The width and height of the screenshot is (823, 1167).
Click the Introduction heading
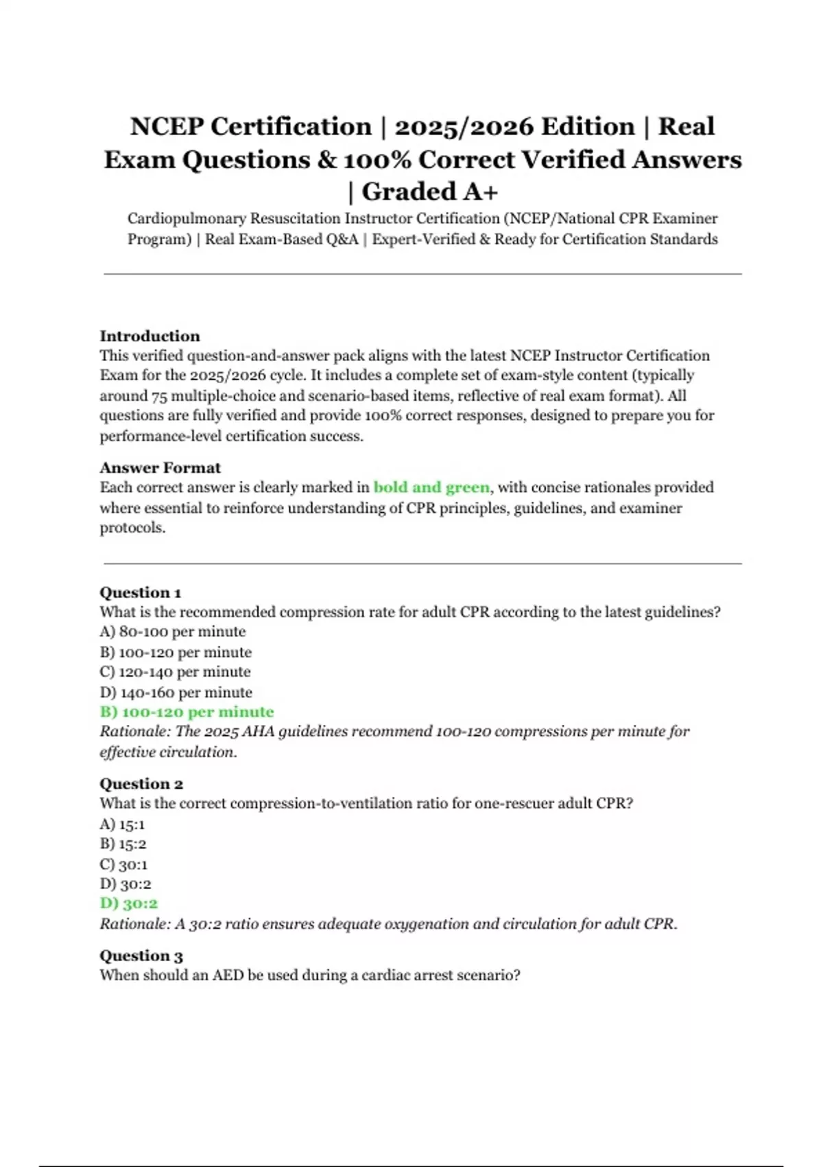pyautogui.click(x=150, y=336)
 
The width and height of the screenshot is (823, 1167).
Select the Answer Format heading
pyautogui.click(x=160, y=467)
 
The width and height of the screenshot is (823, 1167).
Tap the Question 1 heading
pyautogui.click(x=140, y=592)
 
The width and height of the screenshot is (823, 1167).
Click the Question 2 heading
pyautogui.click(x=141, y=783)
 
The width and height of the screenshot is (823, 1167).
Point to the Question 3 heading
pyautogui.click(x=141, y=955)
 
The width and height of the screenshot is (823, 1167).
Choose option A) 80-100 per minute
pyautogui.click(x=172, y=632)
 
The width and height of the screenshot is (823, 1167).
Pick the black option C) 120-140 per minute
pyautogui.click(x=175, y=671)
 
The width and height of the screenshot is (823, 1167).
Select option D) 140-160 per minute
pyautogui.click(x=176, y=692)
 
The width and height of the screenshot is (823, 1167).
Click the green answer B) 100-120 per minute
pyautogui.click(x=187, y=712)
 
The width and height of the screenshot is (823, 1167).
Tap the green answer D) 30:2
pyautogui.click(x=128, y=903)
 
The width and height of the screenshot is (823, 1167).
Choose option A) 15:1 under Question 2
pyautogui.click(x=122, y=824)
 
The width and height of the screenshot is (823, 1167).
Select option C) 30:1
pyautogui.click(x=123, y=864)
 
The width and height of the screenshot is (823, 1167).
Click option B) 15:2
pyautogui.click(x=123, y=844)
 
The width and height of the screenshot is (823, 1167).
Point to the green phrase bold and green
pyautogui.click(x=431, y=487)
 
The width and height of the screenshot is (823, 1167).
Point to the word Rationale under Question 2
pyautogui.click(x=134, y=924)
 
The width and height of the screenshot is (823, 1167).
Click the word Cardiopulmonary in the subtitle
pyautogui.click(x=186, y=218)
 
